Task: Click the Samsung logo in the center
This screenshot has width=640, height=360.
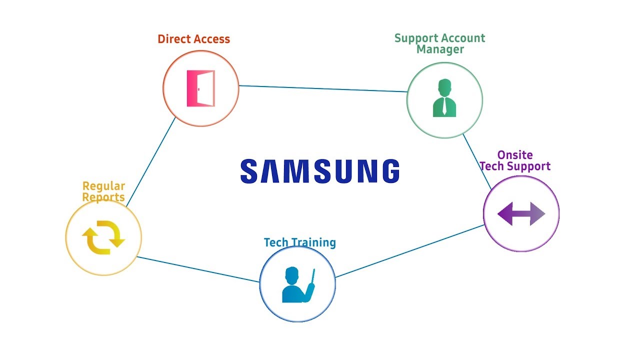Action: [320, 171]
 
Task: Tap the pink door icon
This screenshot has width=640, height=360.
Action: [200, 88]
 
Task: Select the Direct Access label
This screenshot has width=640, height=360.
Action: [193, 39]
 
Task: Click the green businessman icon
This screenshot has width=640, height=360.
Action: [444, 98]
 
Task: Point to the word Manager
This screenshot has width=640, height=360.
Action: [440, 49]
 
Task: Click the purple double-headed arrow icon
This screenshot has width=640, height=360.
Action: [521, 214]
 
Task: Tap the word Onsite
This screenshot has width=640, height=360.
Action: [515, 155]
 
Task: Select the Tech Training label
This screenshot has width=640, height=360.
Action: [299, 242]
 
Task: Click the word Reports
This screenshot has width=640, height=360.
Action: [103, 197]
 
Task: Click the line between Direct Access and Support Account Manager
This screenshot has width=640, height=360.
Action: [322, 88]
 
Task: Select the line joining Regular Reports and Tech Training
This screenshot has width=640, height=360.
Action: [198, 269]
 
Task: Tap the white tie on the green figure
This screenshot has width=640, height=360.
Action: [444, 107]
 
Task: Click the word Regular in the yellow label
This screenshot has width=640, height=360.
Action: [103, 186]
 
